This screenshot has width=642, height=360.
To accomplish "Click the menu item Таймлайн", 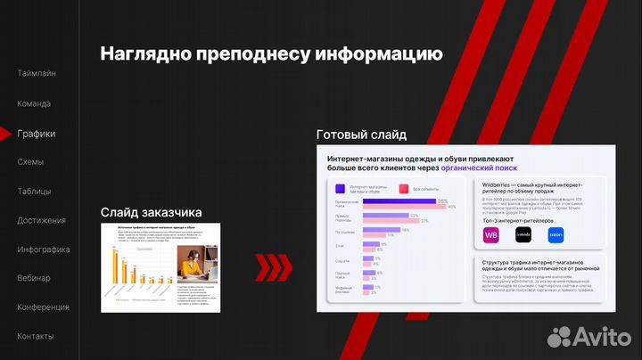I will point(37,73).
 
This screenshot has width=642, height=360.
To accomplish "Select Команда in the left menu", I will point(35,103).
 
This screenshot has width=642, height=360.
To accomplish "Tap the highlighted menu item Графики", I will point(37,134).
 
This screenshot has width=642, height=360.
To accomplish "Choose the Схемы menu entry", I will point(31,162).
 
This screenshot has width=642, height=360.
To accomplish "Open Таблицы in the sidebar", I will point(34,192).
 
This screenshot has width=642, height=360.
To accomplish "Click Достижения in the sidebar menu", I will point(41,220).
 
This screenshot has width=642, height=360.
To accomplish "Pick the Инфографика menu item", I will point(44,250).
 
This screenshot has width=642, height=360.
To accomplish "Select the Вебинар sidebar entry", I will point(34,278).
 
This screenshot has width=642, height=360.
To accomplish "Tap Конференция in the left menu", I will point(43,307).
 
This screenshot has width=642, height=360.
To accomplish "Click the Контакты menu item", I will point(36,336).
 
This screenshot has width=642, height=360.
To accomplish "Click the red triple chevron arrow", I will point(274,265).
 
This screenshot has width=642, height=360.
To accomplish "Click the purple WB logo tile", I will point(491,234).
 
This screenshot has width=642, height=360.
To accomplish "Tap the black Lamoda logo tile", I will point(523,234).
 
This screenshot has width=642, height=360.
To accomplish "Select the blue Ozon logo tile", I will point(556,234).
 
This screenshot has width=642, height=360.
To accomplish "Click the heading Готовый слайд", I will point(361,135).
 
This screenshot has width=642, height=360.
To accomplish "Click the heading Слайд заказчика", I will point(151,212).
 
